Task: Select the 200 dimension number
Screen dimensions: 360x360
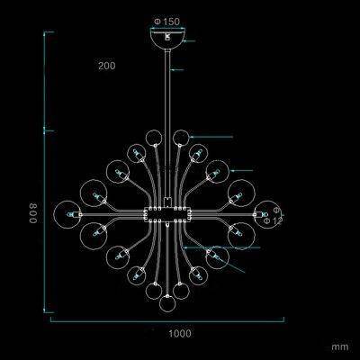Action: (107, 66)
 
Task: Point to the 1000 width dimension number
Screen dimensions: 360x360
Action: (180, 333)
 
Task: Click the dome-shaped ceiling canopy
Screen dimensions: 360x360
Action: (167, 40)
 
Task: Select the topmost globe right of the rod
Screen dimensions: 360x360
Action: (182, 139)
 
